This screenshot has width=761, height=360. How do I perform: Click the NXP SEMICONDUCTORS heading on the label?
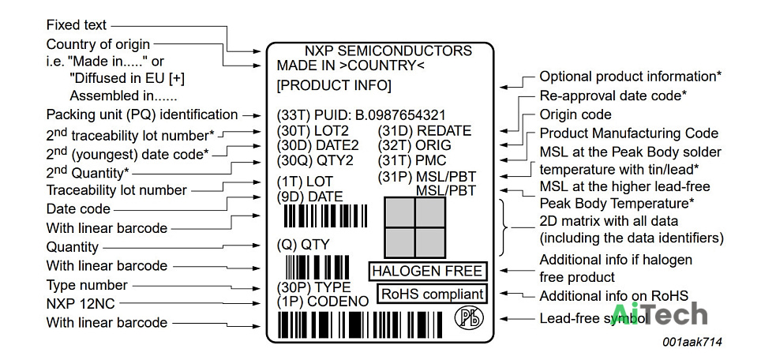388,51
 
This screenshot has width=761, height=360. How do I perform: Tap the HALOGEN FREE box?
428,272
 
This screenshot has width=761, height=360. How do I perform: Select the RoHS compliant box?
433,294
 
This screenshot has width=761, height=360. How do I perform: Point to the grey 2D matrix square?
415,227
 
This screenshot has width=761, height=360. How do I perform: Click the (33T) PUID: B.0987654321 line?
361,115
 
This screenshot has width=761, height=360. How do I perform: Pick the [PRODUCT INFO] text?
334,86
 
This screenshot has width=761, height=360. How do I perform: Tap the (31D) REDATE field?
425,131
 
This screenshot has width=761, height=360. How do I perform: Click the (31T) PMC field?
411,160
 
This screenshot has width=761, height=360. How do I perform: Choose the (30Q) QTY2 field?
315,160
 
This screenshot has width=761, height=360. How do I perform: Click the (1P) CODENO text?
323,302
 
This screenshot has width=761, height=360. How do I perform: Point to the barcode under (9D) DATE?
325,216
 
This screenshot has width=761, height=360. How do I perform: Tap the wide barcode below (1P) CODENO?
361,324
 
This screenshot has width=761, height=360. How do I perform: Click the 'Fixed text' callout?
77,24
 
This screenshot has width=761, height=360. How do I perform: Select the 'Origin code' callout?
575,115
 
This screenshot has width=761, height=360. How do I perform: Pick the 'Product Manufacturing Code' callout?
629,133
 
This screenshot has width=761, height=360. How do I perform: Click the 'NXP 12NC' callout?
81,304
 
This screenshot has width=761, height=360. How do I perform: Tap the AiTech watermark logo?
658,314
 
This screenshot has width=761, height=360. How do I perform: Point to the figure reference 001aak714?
692,342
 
